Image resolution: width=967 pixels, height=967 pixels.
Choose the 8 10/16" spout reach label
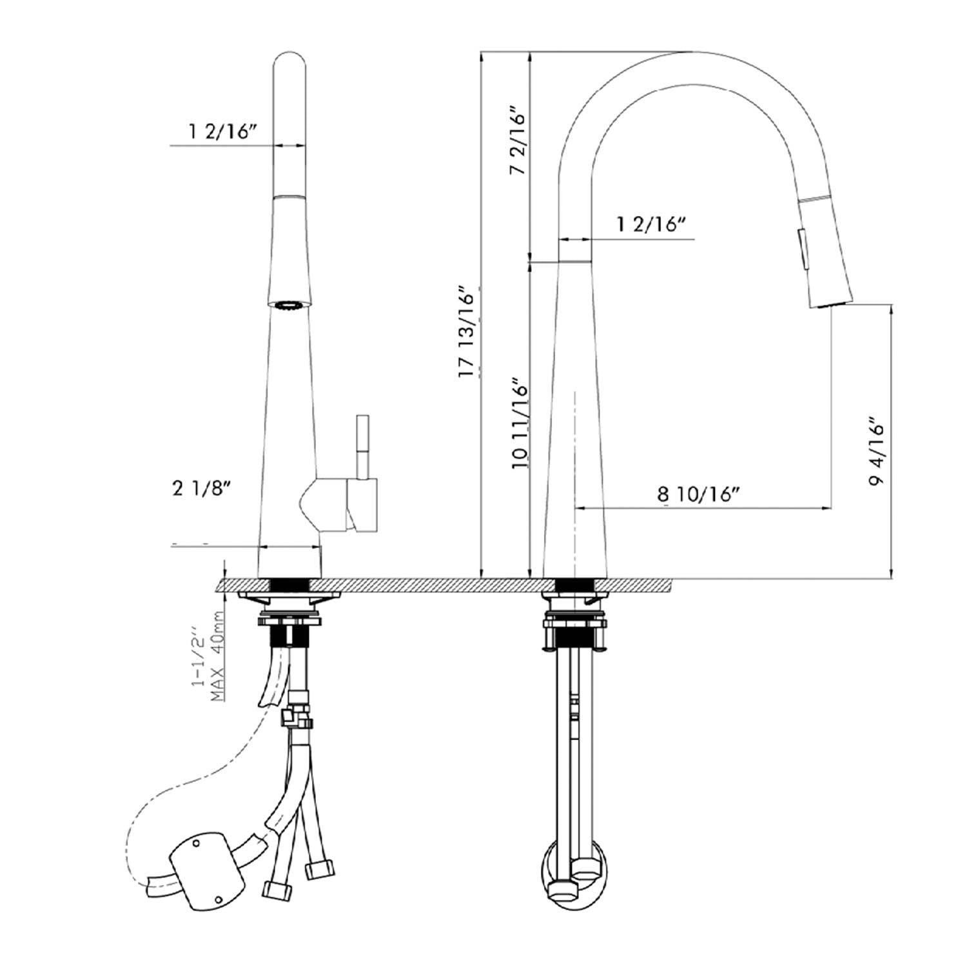698,494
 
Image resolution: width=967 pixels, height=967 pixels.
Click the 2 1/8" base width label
201,489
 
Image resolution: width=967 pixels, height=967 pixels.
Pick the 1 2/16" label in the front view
223,132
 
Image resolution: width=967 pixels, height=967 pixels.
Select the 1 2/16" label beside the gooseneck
651,224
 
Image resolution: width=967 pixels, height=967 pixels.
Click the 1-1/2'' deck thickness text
200,664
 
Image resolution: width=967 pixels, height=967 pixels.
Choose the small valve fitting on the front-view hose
297,714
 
